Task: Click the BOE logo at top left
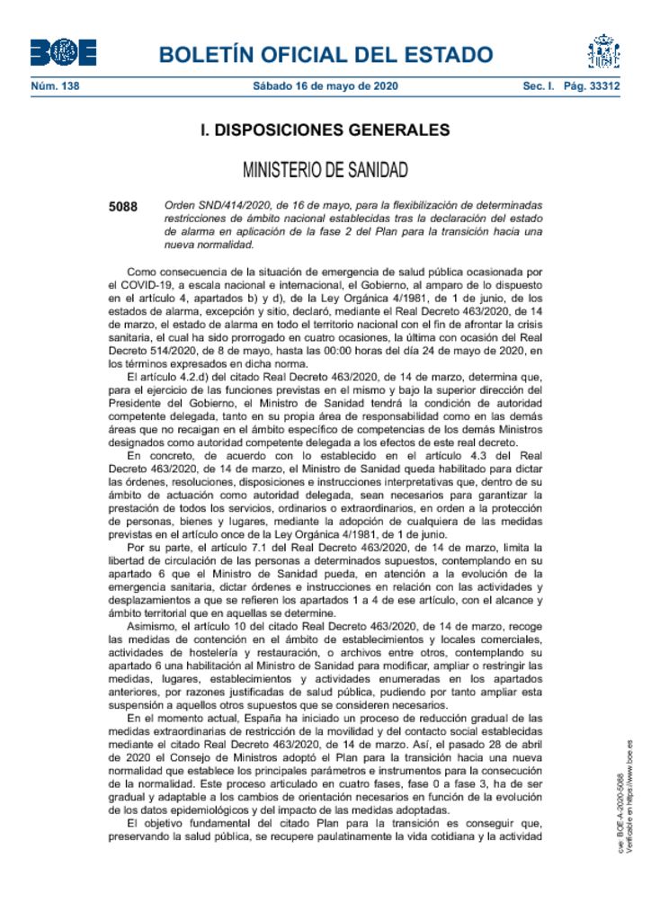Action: (63, 53)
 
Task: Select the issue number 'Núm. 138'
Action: (54, 87)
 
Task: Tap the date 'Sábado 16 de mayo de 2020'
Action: (325, 87)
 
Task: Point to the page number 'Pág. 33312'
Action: (591, 87)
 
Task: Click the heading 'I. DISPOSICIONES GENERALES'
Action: (325, 130)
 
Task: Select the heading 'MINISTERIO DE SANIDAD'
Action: (325, 169)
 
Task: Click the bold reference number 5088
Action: (123, 206)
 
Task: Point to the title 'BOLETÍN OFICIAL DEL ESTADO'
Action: (325, 54)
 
